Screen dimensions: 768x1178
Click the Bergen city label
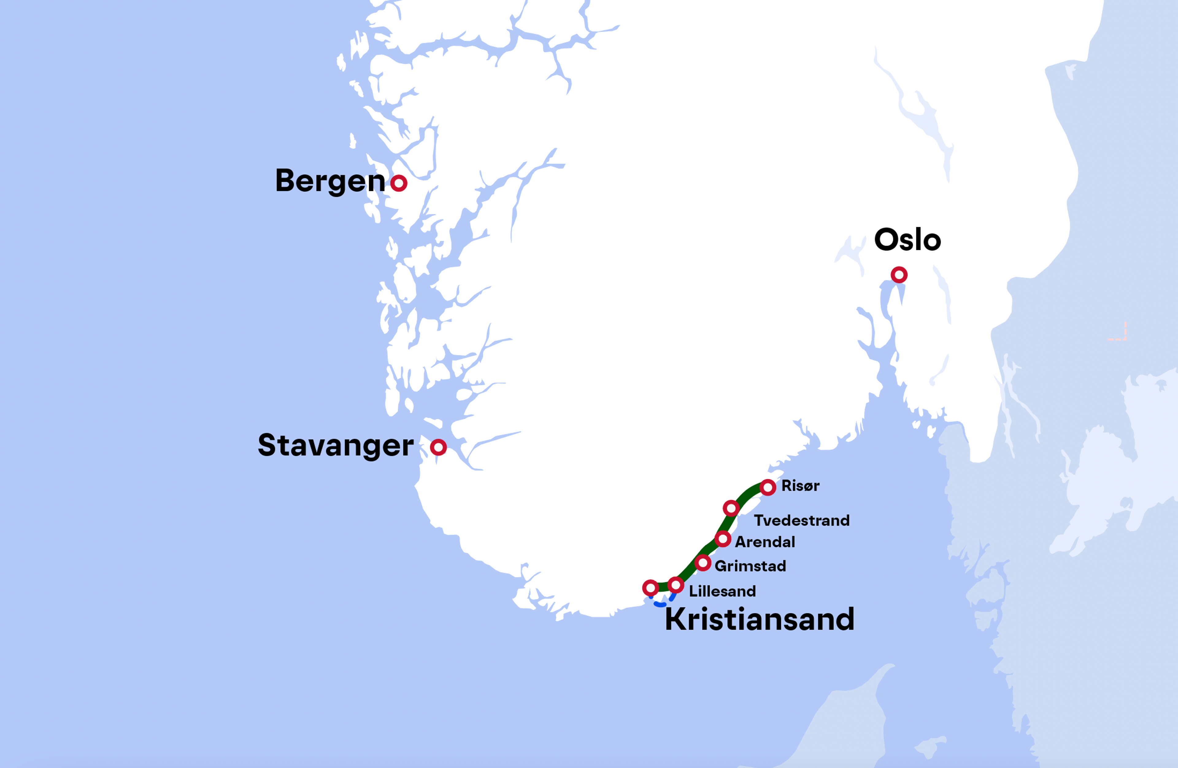click(330, 181)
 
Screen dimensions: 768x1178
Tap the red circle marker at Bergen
click(398, 183)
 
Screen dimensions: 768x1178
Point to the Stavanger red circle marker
click(438, 447)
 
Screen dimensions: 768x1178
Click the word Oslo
click(907, 240)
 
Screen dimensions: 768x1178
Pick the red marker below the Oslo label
click(899, 274)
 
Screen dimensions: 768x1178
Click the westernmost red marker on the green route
click(650, 588)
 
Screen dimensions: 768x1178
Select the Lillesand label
click(722, 591)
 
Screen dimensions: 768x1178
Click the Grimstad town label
click(750, 566)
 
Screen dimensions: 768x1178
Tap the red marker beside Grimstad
click(702, 563)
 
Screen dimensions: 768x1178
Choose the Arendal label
click(765, 542)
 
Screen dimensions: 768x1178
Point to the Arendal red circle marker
click(723, 539)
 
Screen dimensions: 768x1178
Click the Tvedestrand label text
click(801, 520)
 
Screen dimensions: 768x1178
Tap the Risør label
click(800, 486)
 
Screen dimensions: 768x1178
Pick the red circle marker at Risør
click(768, 487)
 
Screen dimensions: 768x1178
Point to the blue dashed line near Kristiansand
click(660, 605)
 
